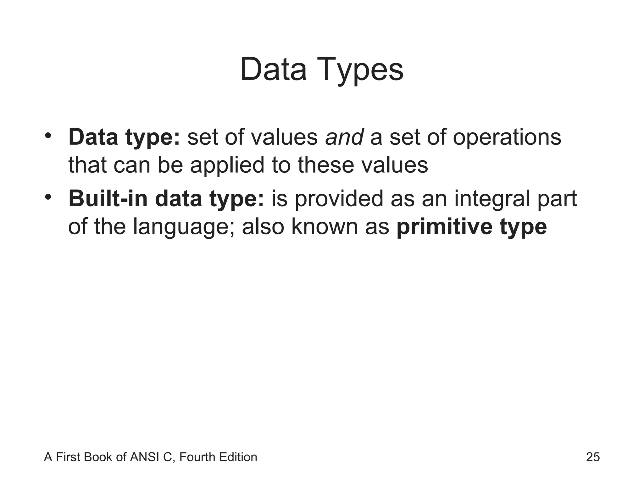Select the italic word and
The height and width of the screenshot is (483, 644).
344,137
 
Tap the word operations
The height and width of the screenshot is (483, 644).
507,138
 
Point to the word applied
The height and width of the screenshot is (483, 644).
227,166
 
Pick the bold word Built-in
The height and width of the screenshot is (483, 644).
108,199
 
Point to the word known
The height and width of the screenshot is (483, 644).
325,226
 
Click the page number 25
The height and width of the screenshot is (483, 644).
593,457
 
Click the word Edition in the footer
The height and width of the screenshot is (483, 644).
238,457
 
